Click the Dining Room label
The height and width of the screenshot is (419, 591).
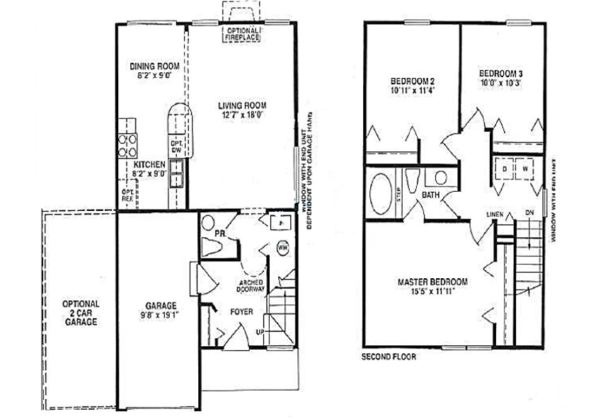click(154, 67)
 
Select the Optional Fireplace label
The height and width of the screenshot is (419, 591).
click(243, 34)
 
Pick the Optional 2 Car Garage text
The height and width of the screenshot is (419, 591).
click(81, 313)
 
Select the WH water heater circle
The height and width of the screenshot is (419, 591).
click(282, 248)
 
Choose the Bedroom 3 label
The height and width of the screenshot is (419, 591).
click(501, 73)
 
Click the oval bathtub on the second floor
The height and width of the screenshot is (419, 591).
click(383, 194)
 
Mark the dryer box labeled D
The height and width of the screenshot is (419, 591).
click(503, 170)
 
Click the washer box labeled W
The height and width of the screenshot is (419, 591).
click(525, 170)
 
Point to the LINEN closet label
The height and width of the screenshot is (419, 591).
click(494, 212)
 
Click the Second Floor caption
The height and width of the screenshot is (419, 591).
click(389, 357)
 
